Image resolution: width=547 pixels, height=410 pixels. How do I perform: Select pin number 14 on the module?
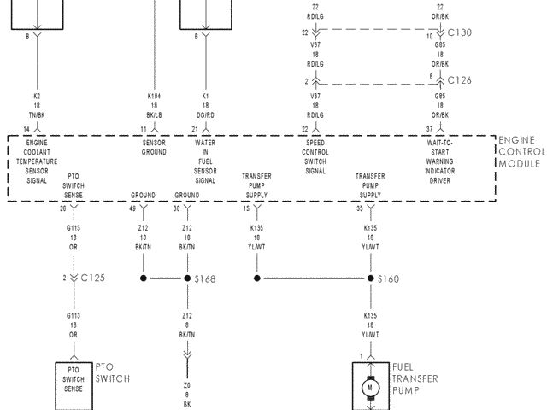[x=26, y=128]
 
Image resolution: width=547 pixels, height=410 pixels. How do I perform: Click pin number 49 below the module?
[x=132, y=208]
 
